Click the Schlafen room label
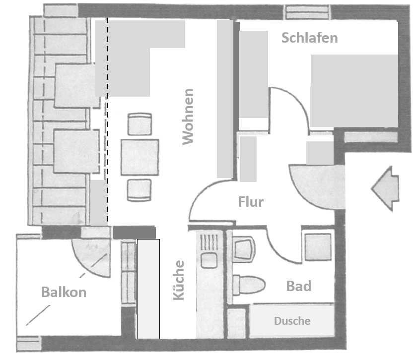click(309, 38)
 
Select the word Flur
click(251, 202)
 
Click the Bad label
click(299, 286)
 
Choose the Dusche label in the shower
click(292, 321)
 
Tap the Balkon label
click(64, 292)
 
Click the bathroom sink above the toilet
click(244, 247)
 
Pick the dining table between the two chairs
click(139, 157)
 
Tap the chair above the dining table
click(139, 124)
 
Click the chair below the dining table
click(139, 189)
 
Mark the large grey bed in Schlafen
click(354, 90)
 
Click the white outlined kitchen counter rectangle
click(148, 289)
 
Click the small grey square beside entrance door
click(320, 153)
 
